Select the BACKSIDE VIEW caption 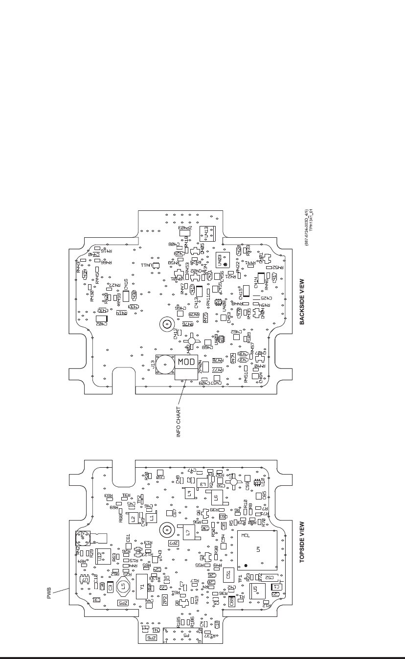pyautogui.click(x=302, y=302)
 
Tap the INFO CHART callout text pyautogui.click(x=179, y=422)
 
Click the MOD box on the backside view pyautogui.click(x=186, y=363)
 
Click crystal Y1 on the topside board pyautogui.click(x=142, y=588)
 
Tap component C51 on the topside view pyautogui.click(x=228, y=575)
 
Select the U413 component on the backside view pyautogui.click(x=206, y=233)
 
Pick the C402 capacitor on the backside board pyautogui.click(x=101, y=321)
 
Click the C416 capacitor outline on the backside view pyautogui.click(x=126, y=296)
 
